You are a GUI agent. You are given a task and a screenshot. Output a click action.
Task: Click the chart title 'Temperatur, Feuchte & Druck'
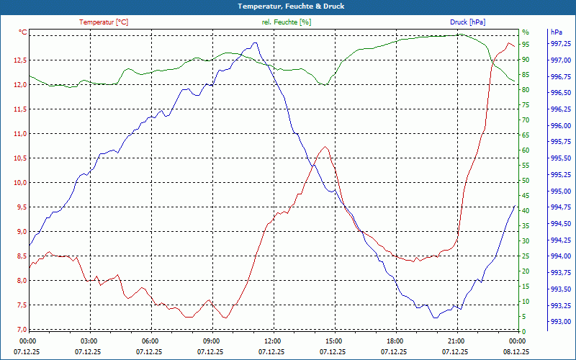click(x=288, y=6)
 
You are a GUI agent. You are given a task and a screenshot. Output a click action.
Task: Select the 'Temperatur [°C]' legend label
click(x=104, y=22)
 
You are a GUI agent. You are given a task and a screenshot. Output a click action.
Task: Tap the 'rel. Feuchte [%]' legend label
click(x=287, y=22)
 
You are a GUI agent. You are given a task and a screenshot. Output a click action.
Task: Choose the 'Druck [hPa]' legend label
click(x=468, y=22)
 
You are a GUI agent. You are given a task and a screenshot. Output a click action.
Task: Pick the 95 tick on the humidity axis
click(x=526, y=44)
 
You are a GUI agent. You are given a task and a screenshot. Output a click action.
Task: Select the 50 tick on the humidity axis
click(x=526, y=181)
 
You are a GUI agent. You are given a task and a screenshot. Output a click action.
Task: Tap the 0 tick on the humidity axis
click(x=523, y=332)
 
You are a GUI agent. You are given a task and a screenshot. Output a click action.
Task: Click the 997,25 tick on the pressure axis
click(x=561, y=44)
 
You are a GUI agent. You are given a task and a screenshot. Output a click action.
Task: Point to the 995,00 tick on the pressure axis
click(x=561, y=192)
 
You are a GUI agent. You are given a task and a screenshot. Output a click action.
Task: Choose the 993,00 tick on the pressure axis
click(x=561, y=322)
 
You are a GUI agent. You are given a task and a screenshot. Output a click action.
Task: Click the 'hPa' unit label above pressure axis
click(x=557, y=32)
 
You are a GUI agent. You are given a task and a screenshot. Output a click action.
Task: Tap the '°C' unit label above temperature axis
click(x=23, y=32)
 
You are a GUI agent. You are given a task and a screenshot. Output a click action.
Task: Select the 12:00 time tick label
click(x=273, y=341)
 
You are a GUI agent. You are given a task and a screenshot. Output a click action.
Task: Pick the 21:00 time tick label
click(x=456, y=341)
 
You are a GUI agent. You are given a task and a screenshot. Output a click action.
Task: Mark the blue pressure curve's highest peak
click(x=254, y=42)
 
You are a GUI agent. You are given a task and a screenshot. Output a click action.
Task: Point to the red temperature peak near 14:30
click(x=326, y=147)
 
